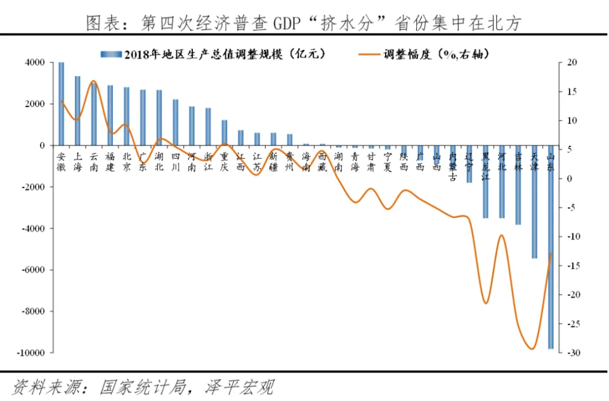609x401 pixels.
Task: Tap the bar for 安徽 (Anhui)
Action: [62, 104]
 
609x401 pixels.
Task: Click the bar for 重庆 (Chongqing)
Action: [225, 132]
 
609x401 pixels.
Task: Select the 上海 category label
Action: [77, 162]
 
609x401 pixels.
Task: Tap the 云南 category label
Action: [94, 162]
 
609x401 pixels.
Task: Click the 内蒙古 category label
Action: [452, 166]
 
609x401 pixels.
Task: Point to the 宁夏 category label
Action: [387, 162]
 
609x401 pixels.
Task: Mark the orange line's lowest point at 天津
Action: [532, 348]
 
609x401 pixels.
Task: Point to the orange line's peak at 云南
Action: [93, 81]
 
